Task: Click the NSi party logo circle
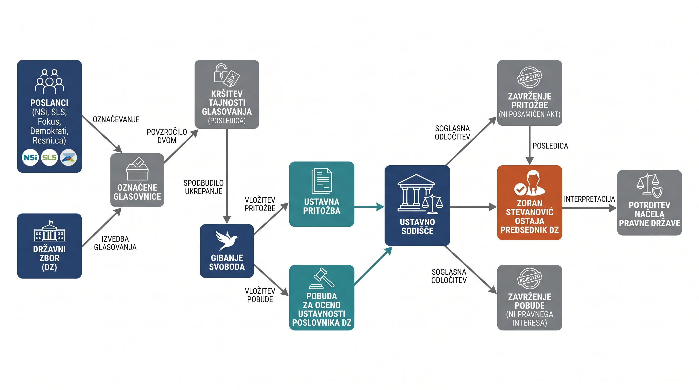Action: (30, 157)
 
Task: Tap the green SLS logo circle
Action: (49, 157)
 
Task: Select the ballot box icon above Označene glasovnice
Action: (137, 169)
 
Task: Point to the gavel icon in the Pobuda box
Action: (322, 278)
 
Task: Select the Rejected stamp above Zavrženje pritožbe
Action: (529, 77)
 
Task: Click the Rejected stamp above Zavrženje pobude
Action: (529, 279)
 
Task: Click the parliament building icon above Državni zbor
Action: (49, 231)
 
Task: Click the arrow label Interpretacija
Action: (589, 199)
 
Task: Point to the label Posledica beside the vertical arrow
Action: (550, 146)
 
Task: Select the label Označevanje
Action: (116, 119)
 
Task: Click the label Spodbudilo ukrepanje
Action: (203, 187)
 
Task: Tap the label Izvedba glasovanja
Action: (115, 243)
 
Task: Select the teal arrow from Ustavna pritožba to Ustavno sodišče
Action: (369, 207)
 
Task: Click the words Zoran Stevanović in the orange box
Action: (529, 207)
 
